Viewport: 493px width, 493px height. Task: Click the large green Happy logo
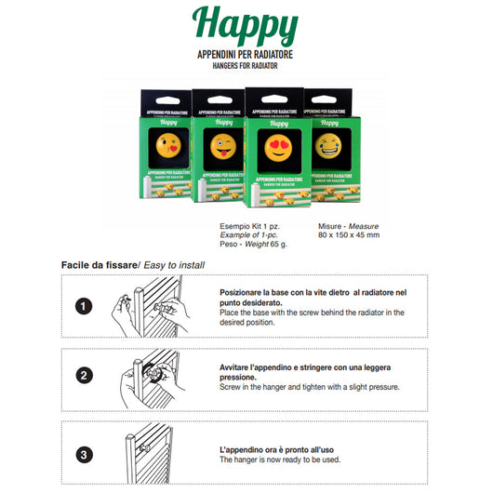coord(246,27)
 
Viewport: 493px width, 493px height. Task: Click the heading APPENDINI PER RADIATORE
coord(246,55)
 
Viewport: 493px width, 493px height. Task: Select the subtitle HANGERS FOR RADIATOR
coord(246,67)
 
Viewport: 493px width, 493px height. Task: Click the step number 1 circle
coord(84,306)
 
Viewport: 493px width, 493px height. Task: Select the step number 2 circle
coord(84,377)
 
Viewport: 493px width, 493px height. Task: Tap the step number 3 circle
coord(84,454)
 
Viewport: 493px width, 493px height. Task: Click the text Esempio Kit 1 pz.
coord(244,224)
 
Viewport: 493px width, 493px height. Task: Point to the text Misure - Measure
coord(349,224)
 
